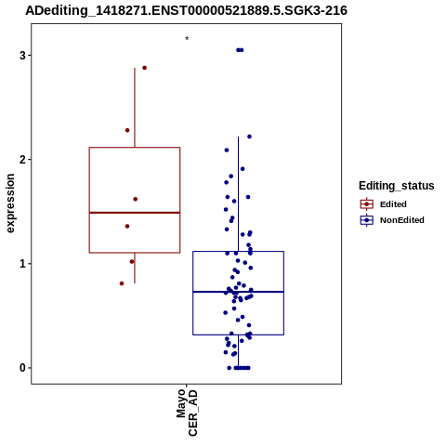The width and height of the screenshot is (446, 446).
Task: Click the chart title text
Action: point(186,11)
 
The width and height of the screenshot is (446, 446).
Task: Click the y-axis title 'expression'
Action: point(10,203)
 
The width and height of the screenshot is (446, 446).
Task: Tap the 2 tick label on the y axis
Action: point(23,160)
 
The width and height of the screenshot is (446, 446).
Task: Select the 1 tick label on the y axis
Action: point(23,264)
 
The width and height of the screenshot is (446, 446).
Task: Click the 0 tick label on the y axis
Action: point(23,368)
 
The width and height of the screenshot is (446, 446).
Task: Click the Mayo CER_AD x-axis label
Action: point(187,413)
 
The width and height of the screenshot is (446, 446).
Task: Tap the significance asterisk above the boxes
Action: point(187,39)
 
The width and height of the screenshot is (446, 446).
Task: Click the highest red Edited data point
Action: point(144,68)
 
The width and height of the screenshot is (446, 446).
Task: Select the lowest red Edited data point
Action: point(122,283)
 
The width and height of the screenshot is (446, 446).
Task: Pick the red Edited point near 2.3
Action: point(127,130)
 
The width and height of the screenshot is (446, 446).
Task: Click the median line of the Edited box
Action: point(135,213)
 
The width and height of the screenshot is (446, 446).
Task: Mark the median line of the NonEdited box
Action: point(238,292)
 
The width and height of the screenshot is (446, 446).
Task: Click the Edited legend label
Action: point(393,204)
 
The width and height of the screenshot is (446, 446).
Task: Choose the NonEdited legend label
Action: point(402,220)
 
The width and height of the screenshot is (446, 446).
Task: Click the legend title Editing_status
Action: point(397,186)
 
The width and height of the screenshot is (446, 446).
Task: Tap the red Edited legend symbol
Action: point(367,204)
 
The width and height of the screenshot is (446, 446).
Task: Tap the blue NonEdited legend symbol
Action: point(367,220)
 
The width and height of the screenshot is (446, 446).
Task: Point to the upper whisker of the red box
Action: point(135,108)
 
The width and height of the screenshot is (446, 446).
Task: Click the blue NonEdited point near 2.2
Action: point(249,137)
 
